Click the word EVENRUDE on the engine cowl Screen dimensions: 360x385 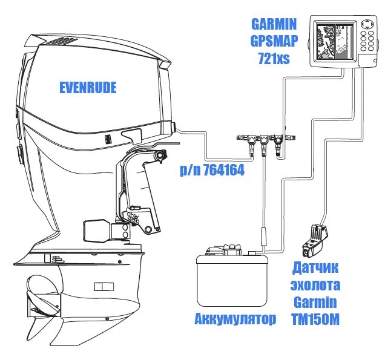(x=88, y=89)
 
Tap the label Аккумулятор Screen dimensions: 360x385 (x=235, y=318)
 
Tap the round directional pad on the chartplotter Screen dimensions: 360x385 (x=367, y=26)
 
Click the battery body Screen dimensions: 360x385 (x=232, y=278)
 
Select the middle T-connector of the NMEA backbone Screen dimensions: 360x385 (x=264, y=144)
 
